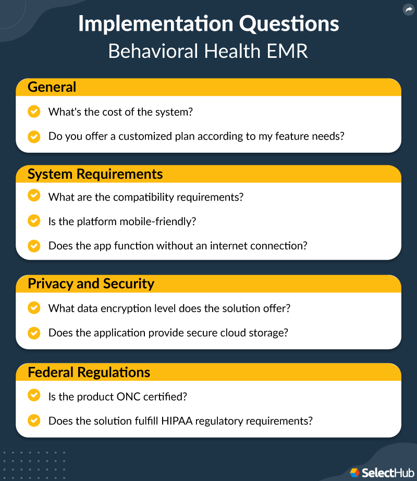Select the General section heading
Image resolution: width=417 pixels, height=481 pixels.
pyautogui.click(x=52, y=87)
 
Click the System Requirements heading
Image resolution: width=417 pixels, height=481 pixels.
pyautogui.click(x=95, y=174)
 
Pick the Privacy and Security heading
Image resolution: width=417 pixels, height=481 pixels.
pyautogui.click(x=91, y=284)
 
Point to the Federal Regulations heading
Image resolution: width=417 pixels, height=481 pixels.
pyautogui.click(x=89, y=373)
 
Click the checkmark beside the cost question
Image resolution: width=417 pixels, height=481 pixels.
pyautogui.click(x=34, y=112)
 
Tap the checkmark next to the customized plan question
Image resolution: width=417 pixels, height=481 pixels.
pyautogui.click(x=34, y=137)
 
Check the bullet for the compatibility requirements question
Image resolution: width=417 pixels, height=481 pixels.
pyautogui.click(x=34, y=196)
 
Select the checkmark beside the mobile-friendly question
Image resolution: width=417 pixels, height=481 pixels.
pyautogui.click(x=34, y=221)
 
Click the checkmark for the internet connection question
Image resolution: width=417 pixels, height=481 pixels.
pyautogui.click(x=34, y=245)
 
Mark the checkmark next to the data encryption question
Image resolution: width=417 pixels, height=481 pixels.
pyautogui.click(x=34, y=308)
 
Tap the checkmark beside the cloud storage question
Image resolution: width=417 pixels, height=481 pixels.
pyautogui.click(x=34, y=332)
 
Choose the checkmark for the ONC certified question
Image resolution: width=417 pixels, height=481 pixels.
pyautogui.click(x=34, y=396)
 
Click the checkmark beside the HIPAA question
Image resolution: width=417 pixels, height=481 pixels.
pyautogui.click(x=34, y=421)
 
